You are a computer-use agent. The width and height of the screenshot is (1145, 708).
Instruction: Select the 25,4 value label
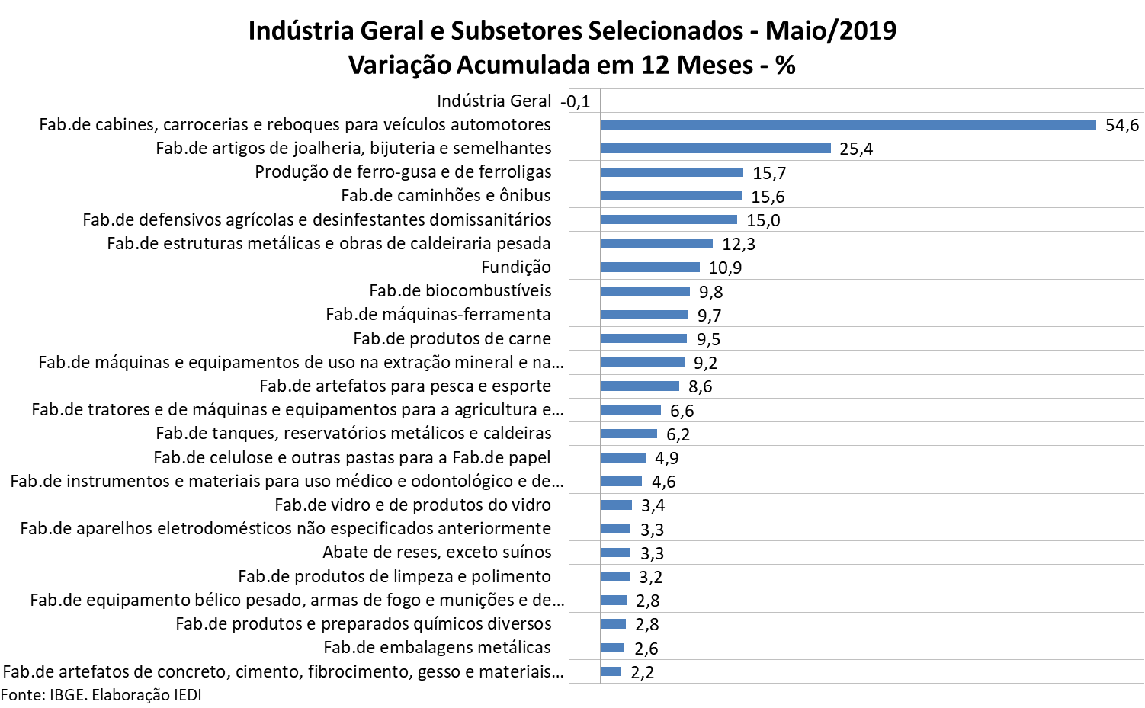[x=856, y=149]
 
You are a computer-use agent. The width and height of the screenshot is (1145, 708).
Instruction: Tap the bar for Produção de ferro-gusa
[x=672, y=172]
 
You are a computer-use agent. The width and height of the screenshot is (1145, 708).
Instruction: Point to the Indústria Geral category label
[x=493, y=101]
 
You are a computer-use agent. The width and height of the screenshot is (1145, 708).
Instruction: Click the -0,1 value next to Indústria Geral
[x=576, y=102]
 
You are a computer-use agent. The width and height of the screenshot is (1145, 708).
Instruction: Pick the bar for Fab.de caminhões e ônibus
[x=671, y=196]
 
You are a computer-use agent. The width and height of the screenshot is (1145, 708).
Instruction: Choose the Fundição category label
[x=515, y=267]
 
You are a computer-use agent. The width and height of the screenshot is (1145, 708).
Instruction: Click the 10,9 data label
[x=725, y=268]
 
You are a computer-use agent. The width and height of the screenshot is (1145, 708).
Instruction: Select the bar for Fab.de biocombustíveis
[x=645, y=291]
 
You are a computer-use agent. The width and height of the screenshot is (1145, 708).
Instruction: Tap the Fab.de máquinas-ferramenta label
[x=438, y=314]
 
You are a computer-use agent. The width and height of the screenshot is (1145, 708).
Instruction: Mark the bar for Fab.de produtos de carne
[x=643, y=338]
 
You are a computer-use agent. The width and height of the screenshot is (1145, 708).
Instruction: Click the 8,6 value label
[x=700, y=387]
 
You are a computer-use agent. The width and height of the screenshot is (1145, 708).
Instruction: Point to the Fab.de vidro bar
[x=616, y=505]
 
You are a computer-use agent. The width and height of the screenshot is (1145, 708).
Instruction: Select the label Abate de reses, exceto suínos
[x=437, y=552]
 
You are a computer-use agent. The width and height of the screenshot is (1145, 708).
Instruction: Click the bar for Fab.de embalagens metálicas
[x=612, y=648]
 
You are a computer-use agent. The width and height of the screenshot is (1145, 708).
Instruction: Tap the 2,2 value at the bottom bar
[x=642, y=673]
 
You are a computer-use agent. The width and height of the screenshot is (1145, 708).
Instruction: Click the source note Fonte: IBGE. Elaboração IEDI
[x=101, y=695]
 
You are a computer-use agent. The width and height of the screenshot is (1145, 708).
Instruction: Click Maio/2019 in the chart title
[x=830, y=31]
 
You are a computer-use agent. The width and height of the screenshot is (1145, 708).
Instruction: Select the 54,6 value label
[x=1122, y=126]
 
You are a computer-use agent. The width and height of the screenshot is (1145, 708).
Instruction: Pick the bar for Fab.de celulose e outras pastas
[x=623, y=457]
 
